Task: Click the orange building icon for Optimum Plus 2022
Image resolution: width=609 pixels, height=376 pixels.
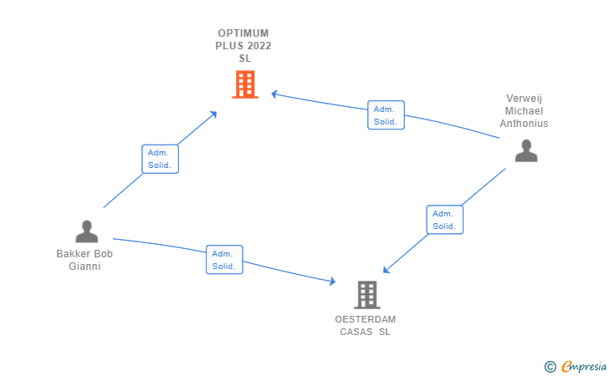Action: pos(244,84)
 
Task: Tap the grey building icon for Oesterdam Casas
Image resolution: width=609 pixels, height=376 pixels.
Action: pos(366,294)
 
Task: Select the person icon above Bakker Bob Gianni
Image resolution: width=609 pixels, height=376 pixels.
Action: pos(86,231)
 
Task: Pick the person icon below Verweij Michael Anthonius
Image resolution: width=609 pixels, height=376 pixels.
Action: pos(525,150)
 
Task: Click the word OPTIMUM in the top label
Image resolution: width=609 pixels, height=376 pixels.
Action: pos(244,33)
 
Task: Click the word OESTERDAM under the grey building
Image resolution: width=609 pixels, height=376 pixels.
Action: pos(366,319)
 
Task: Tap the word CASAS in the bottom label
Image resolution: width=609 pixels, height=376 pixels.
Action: pos(356,332)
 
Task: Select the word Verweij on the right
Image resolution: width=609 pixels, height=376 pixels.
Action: pos(524,98)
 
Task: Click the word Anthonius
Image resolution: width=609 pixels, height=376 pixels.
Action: pos(524,123)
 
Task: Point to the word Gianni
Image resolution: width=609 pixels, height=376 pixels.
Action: pos(84,267)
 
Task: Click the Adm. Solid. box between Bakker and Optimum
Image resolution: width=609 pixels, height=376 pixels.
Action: pos(159,159)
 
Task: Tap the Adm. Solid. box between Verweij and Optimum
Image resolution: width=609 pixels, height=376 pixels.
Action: pos(386,115)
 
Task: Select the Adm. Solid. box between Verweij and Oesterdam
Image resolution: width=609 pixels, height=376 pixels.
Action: pos(444,220)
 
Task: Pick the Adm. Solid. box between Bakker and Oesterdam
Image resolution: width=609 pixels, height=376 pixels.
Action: pos(223,259)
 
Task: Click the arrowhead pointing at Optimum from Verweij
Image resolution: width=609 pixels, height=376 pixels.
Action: pos(274,94)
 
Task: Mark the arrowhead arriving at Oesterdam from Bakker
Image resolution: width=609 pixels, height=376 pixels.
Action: pos(331,281)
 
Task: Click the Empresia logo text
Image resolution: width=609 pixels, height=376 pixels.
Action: pos(584,365)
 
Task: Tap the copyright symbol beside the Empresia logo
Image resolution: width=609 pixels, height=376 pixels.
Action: pos(550,366)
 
